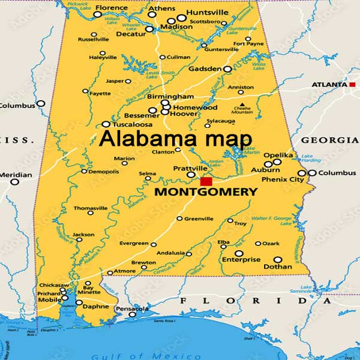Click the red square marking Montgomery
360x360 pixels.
(206, 181)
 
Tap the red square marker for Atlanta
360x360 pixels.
(352, 85)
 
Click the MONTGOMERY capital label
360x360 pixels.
(206, 193)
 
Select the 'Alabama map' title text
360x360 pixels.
(175, 139)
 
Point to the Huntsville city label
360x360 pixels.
(207, 12)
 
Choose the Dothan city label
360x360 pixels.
(278, 266)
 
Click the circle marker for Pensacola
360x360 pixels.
(133, 314)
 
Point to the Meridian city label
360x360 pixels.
(16, 175)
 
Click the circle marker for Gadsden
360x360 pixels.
(227, 70)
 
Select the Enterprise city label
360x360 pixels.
(241, 260)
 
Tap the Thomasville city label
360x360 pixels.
(90, 208)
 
